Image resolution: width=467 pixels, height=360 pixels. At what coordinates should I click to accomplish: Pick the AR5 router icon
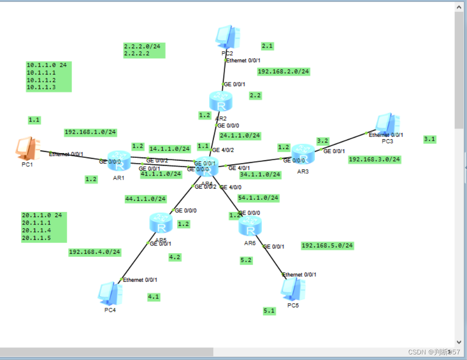pyautogui.click(x=161, y=223)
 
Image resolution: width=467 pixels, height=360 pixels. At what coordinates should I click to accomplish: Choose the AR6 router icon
pyautogui.click(x=250, y=226)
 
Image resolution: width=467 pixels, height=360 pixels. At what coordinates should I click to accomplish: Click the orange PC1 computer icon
pyautogui.click(x=27, y=148)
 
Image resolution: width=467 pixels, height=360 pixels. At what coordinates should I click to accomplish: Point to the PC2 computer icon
pyautogui.click(x=228, y=37)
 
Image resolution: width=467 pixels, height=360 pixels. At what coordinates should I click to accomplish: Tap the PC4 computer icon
pyautogui.click(x=110, y=293)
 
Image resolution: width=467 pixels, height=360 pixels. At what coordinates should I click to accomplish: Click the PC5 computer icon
pyautogui.click(x=293, y=289)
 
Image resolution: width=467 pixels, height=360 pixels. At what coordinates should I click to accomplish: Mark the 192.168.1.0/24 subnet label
pyautogui.click(x=90, y=132)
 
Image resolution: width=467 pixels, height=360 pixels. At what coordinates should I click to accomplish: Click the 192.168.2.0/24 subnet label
pyautogui.click(x=283, y=72)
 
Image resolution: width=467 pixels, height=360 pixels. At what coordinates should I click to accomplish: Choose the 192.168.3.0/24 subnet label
pyautogui.click(x=374, y=159)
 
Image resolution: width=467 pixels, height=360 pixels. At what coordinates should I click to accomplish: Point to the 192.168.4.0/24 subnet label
pyautogui.click(x=95, y=252)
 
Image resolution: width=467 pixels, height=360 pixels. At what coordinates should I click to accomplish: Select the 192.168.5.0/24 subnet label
pyautogui.click(x=327, y=245)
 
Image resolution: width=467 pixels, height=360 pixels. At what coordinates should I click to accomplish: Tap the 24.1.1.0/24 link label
pyautogui.click(x=240, y=136)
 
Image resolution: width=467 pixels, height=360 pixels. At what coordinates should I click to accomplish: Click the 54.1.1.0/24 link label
pyautogui.click(x=258, y=198)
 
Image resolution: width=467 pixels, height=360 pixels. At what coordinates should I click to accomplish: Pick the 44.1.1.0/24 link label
pyautogui.click(x=145, y=199)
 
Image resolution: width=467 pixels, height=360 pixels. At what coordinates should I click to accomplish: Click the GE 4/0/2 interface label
pyautogui.click(x=223, y=150)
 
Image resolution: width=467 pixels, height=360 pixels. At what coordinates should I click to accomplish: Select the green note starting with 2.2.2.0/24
pyautogui.click(x=144, y=50)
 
